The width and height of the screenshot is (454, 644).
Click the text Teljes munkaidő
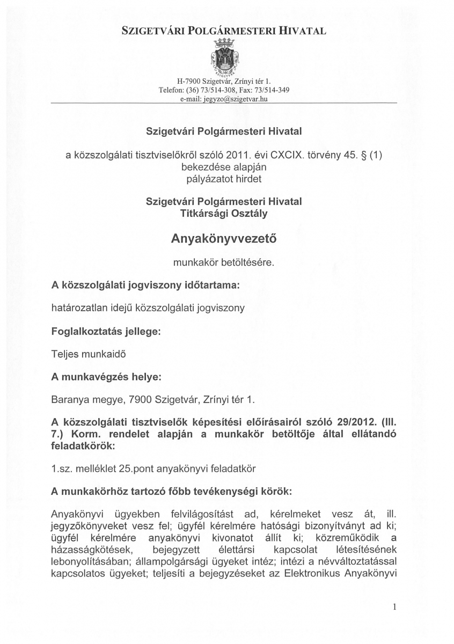click(89, 354)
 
